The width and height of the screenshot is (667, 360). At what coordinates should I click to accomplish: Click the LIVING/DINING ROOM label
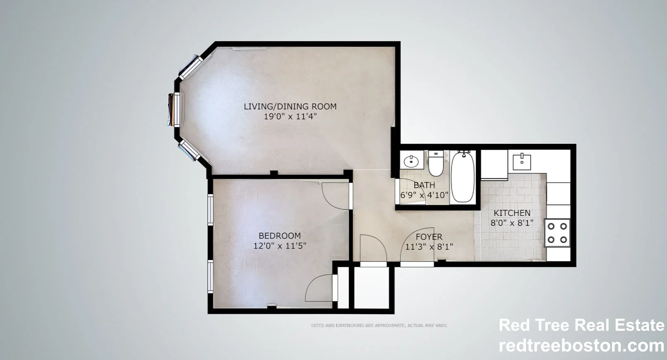[290, 107]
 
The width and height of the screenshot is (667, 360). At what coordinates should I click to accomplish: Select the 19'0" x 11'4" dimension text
[290, 116]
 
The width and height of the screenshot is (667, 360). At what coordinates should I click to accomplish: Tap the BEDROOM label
[280, 236]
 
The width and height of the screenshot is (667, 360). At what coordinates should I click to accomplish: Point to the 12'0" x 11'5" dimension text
[280, 246]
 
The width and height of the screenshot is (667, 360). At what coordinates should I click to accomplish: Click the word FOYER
[429, 237]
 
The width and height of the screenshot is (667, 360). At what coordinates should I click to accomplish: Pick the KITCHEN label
[512, 213]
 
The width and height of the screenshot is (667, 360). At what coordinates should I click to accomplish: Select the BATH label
[424, 185]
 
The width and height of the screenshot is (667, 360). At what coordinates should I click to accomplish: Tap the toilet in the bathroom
[435, 163]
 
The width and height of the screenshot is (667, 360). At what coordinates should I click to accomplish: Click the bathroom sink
[411, 161]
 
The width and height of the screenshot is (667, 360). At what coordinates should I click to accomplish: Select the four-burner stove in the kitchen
[557, 233]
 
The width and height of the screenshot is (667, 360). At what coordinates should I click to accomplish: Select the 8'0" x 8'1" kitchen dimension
[512, 223]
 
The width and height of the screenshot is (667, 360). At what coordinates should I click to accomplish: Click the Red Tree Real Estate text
[581, 325]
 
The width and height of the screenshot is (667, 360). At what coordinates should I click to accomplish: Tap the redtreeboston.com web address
[581, 346]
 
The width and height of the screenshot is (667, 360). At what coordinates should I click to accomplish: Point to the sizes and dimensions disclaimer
[379, 326]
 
